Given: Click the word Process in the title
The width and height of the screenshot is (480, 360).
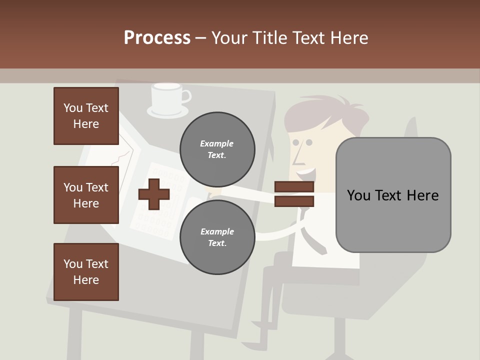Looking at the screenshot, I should [x=157, y=38].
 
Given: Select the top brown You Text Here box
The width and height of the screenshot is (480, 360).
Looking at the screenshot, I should [x=86, y=116].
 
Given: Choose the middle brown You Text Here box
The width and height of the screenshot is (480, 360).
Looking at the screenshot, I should [x=86, y=195].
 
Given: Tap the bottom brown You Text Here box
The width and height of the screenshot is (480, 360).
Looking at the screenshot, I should [x=86, y=272].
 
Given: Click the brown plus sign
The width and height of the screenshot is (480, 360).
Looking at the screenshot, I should [x=154, y=194].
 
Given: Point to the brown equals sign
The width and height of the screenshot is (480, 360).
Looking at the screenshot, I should [x=294, y=194].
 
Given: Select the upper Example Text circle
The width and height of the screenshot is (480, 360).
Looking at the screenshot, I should [x=217, y=149].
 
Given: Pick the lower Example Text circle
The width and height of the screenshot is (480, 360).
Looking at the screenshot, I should [x=217, y=237].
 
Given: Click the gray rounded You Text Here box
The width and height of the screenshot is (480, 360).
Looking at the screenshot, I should [x=393, y=195].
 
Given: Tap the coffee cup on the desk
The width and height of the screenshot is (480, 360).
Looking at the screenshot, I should [x=166, y=97].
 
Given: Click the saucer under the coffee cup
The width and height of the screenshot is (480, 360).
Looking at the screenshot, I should [x=168, y=112].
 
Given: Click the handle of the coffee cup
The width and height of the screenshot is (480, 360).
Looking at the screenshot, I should [x=185, y=95].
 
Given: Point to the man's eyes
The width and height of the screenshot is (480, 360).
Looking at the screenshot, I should [x=302, y=142].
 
